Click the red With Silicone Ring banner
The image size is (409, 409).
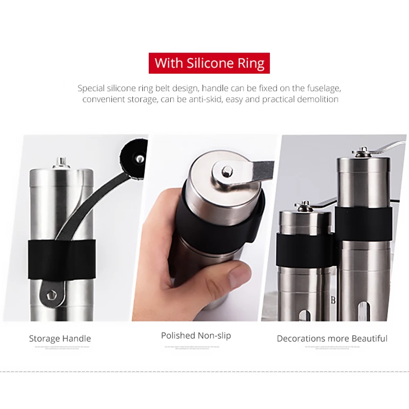pos(209,63)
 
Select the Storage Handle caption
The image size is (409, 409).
pos(60,338)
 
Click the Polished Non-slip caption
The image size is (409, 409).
pos(196,335)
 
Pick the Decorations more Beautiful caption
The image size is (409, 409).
pos(332,338)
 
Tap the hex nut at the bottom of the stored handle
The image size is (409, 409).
pos(51,294)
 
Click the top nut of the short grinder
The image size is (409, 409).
pos(304,206)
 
